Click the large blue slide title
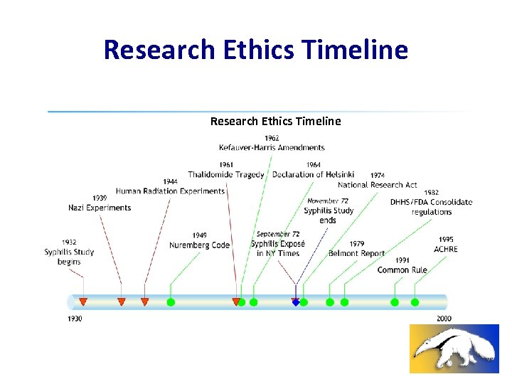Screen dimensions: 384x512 point(256,50)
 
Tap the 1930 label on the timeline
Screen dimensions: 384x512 point(75,319)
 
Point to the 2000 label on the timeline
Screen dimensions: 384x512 point(444,319)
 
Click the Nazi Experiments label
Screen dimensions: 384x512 point(100,208)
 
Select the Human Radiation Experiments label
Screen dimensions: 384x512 point(170,191)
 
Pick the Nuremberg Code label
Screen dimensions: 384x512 point(199,245)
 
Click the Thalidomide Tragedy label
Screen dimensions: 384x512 point(226,174)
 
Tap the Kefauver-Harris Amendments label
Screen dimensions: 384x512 point(272,147)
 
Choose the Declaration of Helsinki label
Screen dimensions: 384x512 point(313,174)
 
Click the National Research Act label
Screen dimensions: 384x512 point(378,185)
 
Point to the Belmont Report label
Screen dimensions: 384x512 point(356,253)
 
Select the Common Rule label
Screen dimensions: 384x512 point(402,270)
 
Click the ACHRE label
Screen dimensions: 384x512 point(446,249)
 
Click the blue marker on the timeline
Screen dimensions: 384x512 point(296,302)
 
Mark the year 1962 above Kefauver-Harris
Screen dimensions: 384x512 point(272,138)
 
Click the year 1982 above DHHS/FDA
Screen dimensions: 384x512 point(431,192)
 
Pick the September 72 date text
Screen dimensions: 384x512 point(278,234)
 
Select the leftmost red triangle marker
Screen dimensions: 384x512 point(83,302)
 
